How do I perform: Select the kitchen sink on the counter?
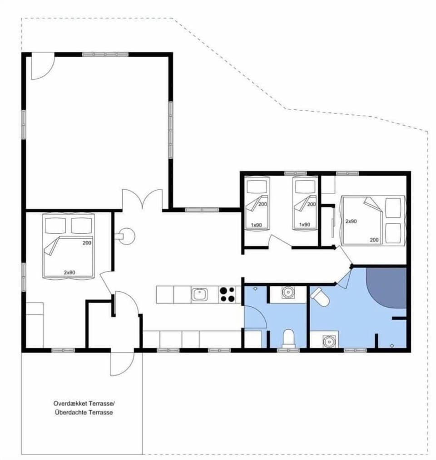pyautogui.click(x=199, y=295)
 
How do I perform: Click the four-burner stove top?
pyautogui.click(x=228, y=294)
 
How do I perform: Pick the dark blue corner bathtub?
pyautogui.click(x=389, y=287)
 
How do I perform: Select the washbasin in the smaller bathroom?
pyautogui.click(x=287, y=292)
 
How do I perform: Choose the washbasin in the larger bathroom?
pyautogui.click(x=327, y=340)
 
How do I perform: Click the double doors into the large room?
pyautogui.click(x=142, y=200)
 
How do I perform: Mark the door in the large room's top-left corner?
pyautogui.click(x=42, y=66)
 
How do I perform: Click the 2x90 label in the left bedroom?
pyautogui.click(x=69, y=272)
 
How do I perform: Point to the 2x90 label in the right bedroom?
pyautogui.click(x=352, y=221)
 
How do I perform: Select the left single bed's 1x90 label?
pyautogui.click(x=257, y=225)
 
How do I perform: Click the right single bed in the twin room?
pyautogui.click(x=304, y=204)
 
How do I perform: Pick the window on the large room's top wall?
pyautogui.click(x=105, y=54)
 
